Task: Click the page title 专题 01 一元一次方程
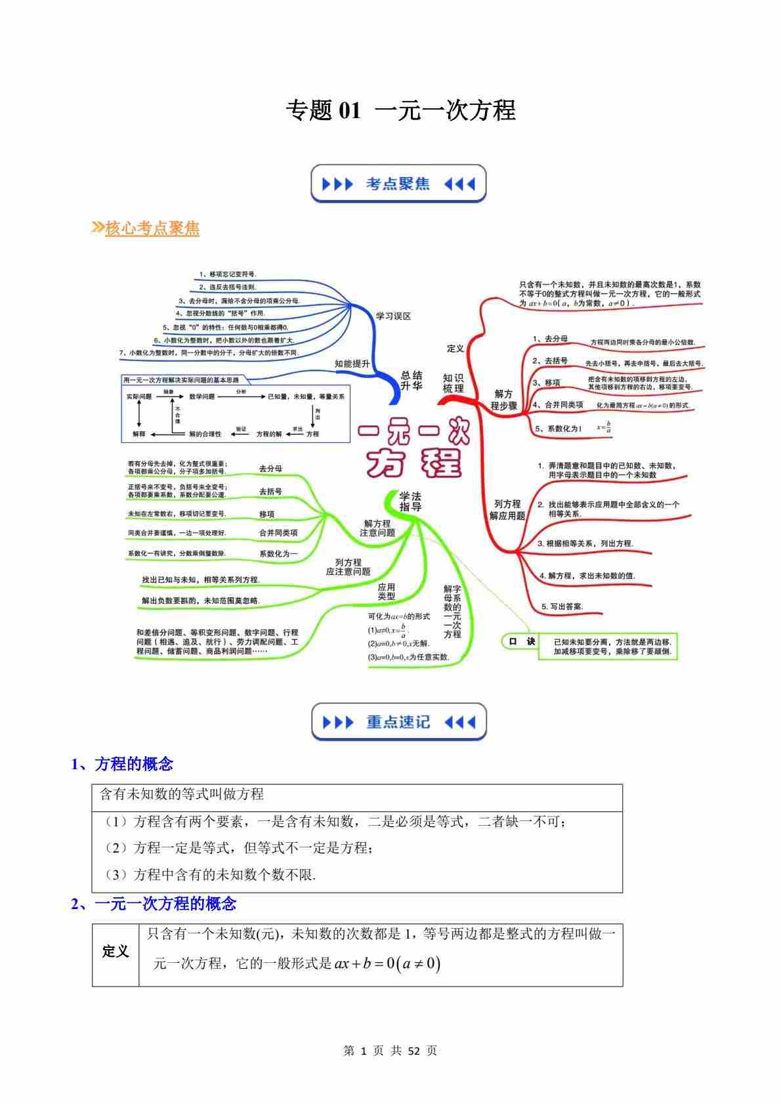(x=400, y=110)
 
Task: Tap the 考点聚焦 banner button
(x=398, y=184)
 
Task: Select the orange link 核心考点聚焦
(x=152, y=228)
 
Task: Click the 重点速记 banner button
(x=398, y=722)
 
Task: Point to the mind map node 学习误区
(x=392, y=316)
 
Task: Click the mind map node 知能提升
(x=352, y=364)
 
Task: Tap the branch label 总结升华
(x=412, y=381)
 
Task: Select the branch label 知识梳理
(x=453, y=383)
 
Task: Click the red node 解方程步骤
(x=503, y=400)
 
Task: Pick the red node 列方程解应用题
(x=507, y=509)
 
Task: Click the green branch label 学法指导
(x=410, y=501)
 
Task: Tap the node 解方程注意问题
(x=377, y=528)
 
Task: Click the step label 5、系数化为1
(x=558, y=428)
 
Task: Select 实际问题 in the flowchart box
(x=139, y=396)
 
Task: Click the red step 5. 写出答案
(x=562, y=606)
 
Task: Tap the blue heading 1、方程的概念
(x=122, y=764)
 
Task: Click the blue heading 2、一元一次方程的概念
(x=154, y=904)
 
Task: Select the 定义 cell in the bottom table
(x=116, y=951)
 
